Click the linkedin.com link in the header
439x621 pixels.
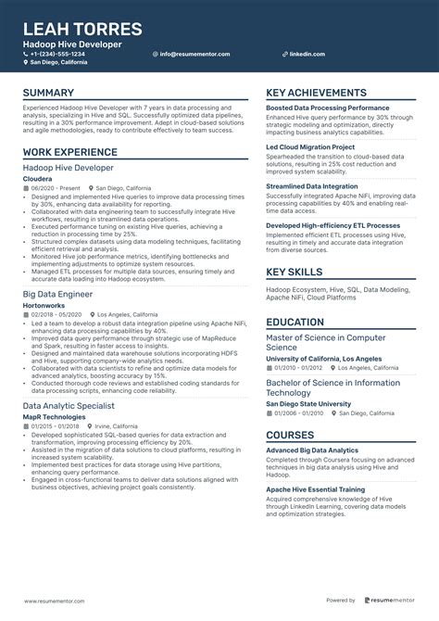(x=306, y=54)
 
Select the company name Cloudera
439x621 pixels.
(x=37, y=178)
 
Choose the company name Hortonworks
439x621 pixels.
(x=44, y=304)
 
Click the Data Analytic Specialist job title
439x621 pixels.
(x=69, y=405)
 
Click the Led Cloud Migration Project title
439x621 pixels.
(x=310, y=146)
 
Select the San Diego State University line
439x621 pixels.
(x=308, y=404)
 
